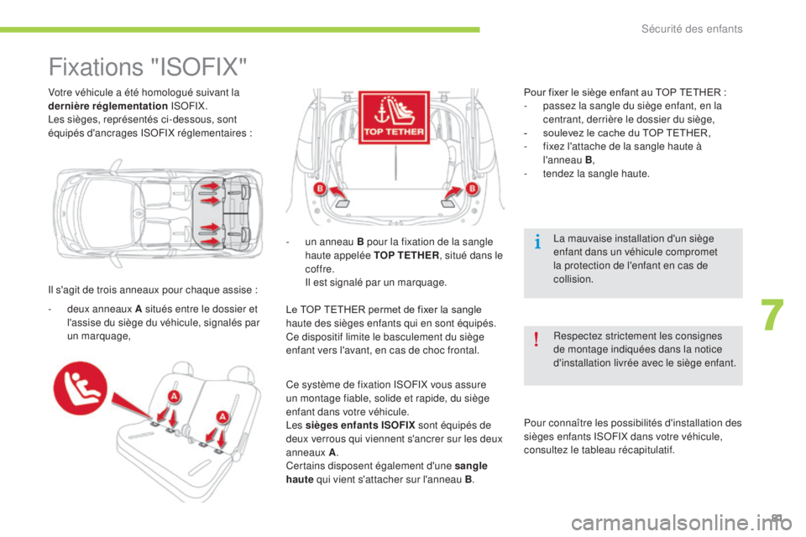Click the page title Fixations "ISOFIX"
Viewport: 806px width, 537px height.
pyautogui.click(x=148, y=65)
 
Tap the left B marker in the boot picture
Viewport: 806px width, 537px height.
pyautogui.click(x=320, y=190)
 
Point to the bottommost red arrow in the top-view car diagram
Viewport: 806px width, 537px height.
pyautogui.click(x=209, y=242)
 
